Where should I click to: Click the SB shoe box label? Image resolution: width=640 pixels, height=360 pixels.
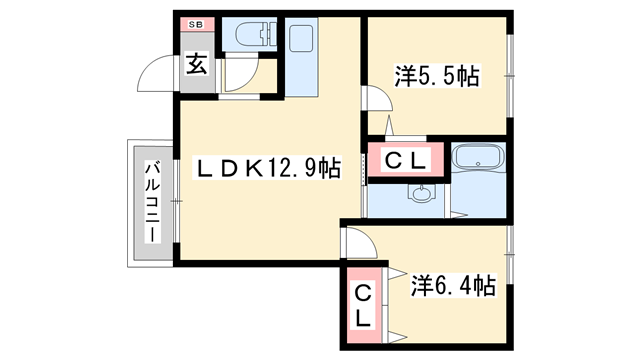click(195, 23)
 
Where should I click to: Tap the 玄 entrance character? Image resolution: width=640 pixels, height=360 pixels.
click(196, 66)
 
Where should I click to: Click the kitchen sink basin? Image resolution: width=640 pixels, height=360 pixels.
click(300, 41)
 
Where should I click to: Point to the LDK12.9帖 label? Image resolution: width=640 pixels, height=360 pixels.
click(264, 169)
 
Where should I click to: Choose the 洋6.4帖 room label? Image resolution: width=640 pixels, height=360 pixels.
click(453, 287)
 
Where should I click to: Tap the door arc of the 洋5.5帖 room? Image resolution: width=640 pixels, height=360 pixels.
click(374, 100)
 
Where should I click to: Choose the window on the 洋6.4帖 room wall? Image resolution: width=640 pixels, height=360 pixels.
click(511, 255)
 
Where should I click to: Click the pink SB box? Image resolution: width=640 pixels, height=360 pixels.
click(195, 23)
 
